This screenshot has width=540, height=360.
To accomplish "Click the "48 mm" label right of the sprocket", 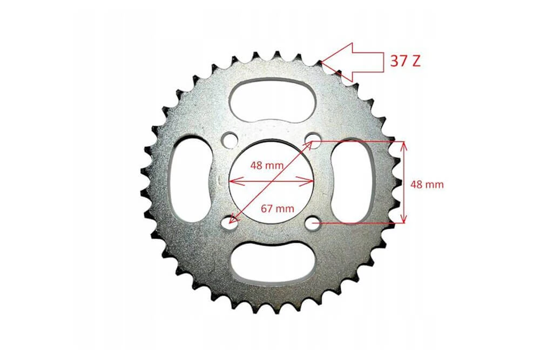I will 427,184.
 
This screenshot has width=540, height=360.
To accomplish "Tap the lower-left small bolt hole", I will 231,223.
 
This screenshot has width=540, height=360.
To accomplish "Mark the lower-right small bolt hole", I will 313,222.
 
